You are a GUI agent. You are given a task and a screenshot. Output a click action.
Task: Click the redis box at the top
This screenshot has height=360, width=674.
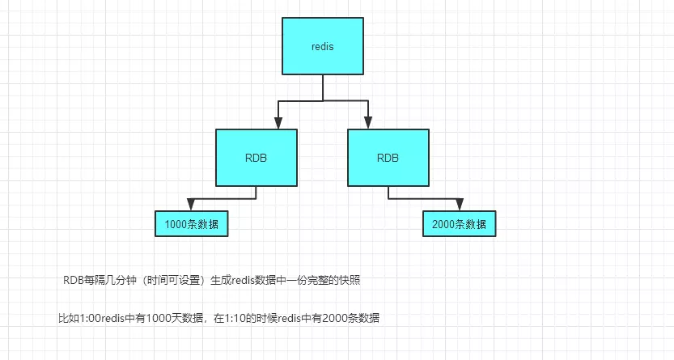[323, 45]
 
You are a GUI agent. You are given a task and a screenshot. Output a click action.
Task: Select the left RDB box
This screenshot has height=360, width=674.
[256, 157]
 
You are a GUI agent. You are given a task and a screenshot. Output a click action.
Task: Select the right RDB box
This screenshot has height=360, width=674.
[388, 157]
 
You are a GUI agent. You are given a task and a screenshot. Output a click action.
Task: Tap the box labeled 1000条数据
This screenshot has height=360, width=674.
[191, 223]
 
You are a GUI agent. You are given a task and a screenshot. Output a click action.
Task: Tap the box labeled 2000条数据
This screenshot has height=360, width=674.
[459, 223]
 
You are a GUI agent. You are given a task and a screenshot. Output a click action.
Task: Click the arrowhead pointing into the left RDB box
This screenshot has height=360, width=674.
[278, 122]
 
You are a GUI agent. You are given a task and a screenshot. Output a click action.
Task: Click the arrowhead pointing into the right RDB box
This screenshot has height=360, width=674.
[368, 122]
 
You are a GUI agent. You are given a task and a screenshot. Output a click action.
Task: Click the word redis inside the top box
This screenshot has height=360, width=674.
[323, 46]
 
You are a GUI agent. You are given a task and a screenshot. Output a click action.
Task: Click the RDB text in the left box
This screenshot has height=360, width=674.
[256, 158]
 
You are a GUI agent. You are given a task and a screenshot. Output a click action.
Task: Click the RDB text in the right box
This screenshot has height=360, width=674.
[388, 158]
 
